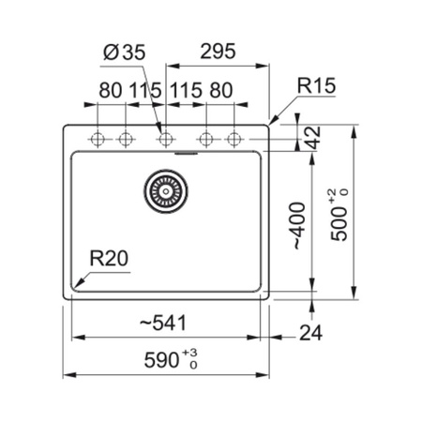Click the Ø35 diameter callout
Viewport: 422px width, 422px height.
(x=125, y=52)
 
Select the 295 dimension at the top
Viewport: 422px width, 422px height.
(x=218, y=52)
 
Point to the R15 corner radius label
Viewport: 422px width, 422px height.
(x=316, y=85)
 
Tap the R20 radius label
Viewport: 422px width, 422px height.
(x=109, y=258)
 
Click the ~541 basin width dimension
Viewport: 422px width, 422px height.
(x=163, y=323)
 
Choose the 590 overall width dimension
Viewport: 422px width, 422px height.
(x=161, y=360)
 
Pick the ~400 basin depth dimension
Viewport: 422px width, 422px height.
(x=299, y=226)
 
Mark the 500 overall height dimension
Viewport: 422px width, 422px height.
(x=339, y=224)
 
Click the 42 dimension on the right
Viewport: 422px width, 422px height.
(x=313, y=138)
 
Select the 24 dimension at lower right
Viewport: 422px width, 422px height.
(x=310, y=333)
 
